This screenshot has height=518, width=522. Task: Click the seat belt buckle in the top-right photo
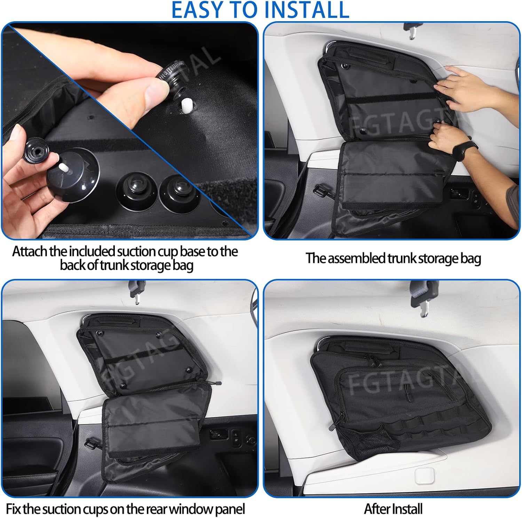pyautogui.click(x=413, y=30)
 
